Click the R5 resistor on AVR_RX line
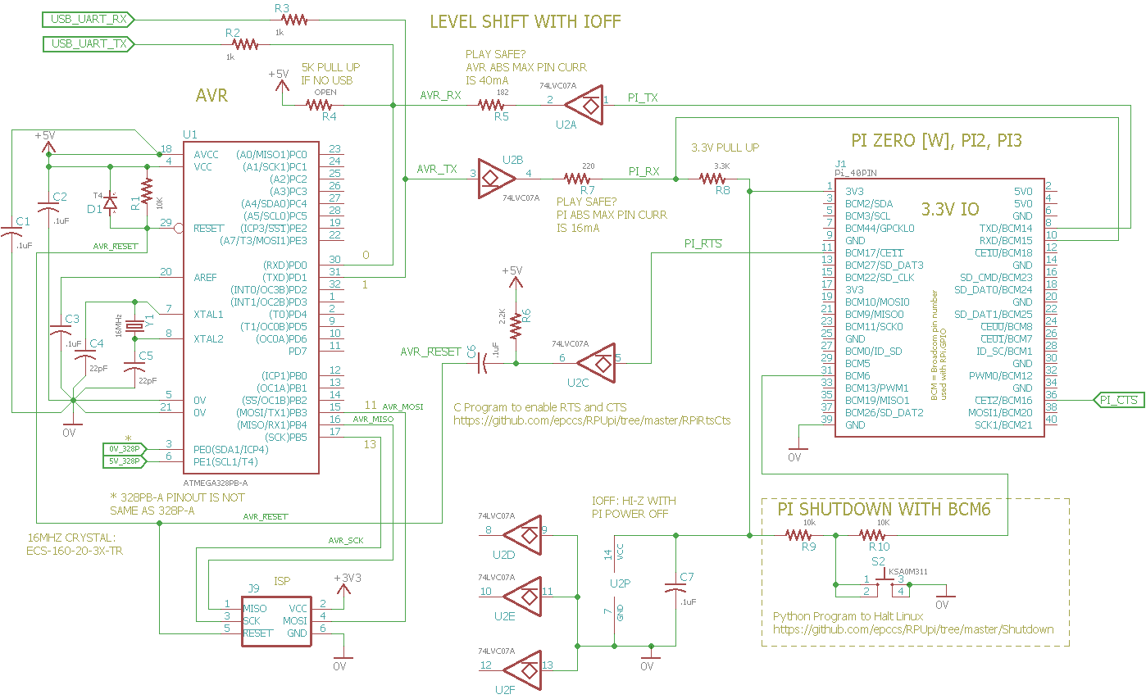tap(491, 105)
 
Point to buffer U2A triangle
tap(586, 104)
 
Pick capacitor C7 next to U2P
tap(675, 589)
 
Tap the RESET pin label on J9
tap(257, 633)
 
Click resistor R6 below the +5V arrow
tap(516, 325)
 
